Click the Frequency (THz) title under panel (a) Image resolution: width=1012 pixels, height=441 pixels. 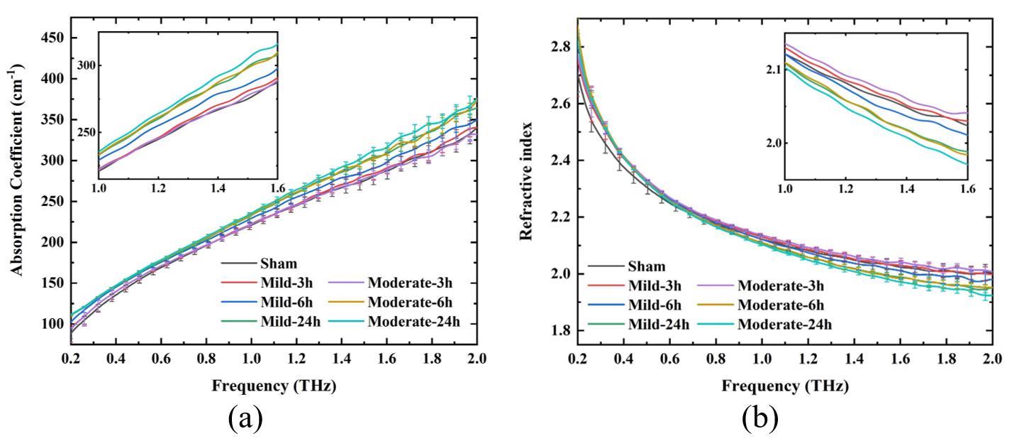(x=274, y=387)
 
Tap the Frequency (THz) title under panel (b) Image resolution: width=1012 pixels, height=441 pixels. (x=784, y=387)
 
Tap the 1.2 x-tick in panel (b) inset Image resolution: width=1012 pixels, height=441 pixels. (x=845, y=190)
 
